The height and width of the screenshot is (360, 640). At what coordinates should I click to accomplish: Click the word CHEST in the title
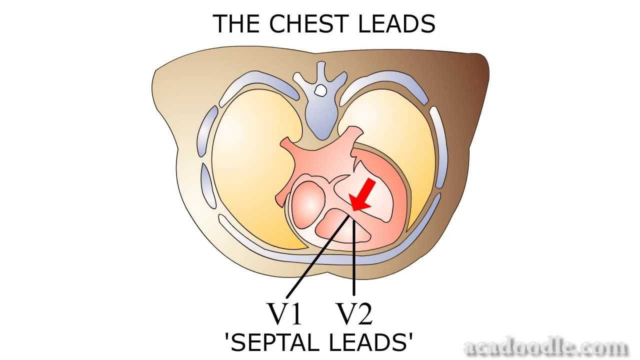pos(309,24)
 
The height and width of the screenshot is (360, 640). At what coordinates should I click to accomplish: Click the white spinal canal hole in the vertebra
pos(320,90)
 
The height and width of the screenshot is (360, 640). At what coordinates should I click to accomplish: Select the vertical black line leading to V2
pos(354,260)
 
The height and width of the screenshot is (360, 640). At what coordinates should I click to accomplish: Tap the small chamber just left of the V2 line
pos(332,225)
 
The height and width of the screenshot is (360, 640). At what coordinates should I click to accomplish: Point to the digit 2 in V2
pos(364,314)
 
